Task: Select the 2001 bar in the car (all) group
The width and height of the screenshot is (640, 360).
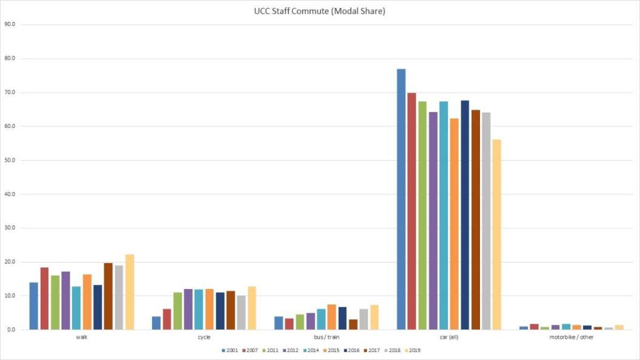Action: (x=401, y=199)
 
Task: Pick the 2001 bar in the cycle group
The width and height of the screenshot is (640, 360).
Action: (x=156, y=323)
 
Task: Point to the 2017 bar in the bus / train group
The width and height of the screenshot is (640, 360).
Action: (x=353, y=324)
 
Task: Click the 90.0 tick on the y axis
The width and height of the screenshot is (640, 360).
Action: (x=10, y=25)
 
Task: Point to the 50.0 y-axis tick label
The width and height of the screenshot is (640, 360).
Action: (x=10, y=161)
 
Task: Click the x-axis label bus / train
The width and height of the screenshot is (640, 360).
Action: (x=326, y=337)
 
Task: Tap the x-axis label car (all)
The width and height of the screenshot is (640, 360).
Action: (x=449, y=337)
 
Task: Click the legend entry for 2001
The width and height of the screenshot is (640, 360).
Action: (x=228, y=351)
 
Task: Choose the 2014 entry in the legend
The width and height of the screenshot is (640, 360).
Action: (x=310, y=351)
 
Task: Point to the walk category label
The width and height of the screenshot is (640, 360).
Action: (x=82, y=337)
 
